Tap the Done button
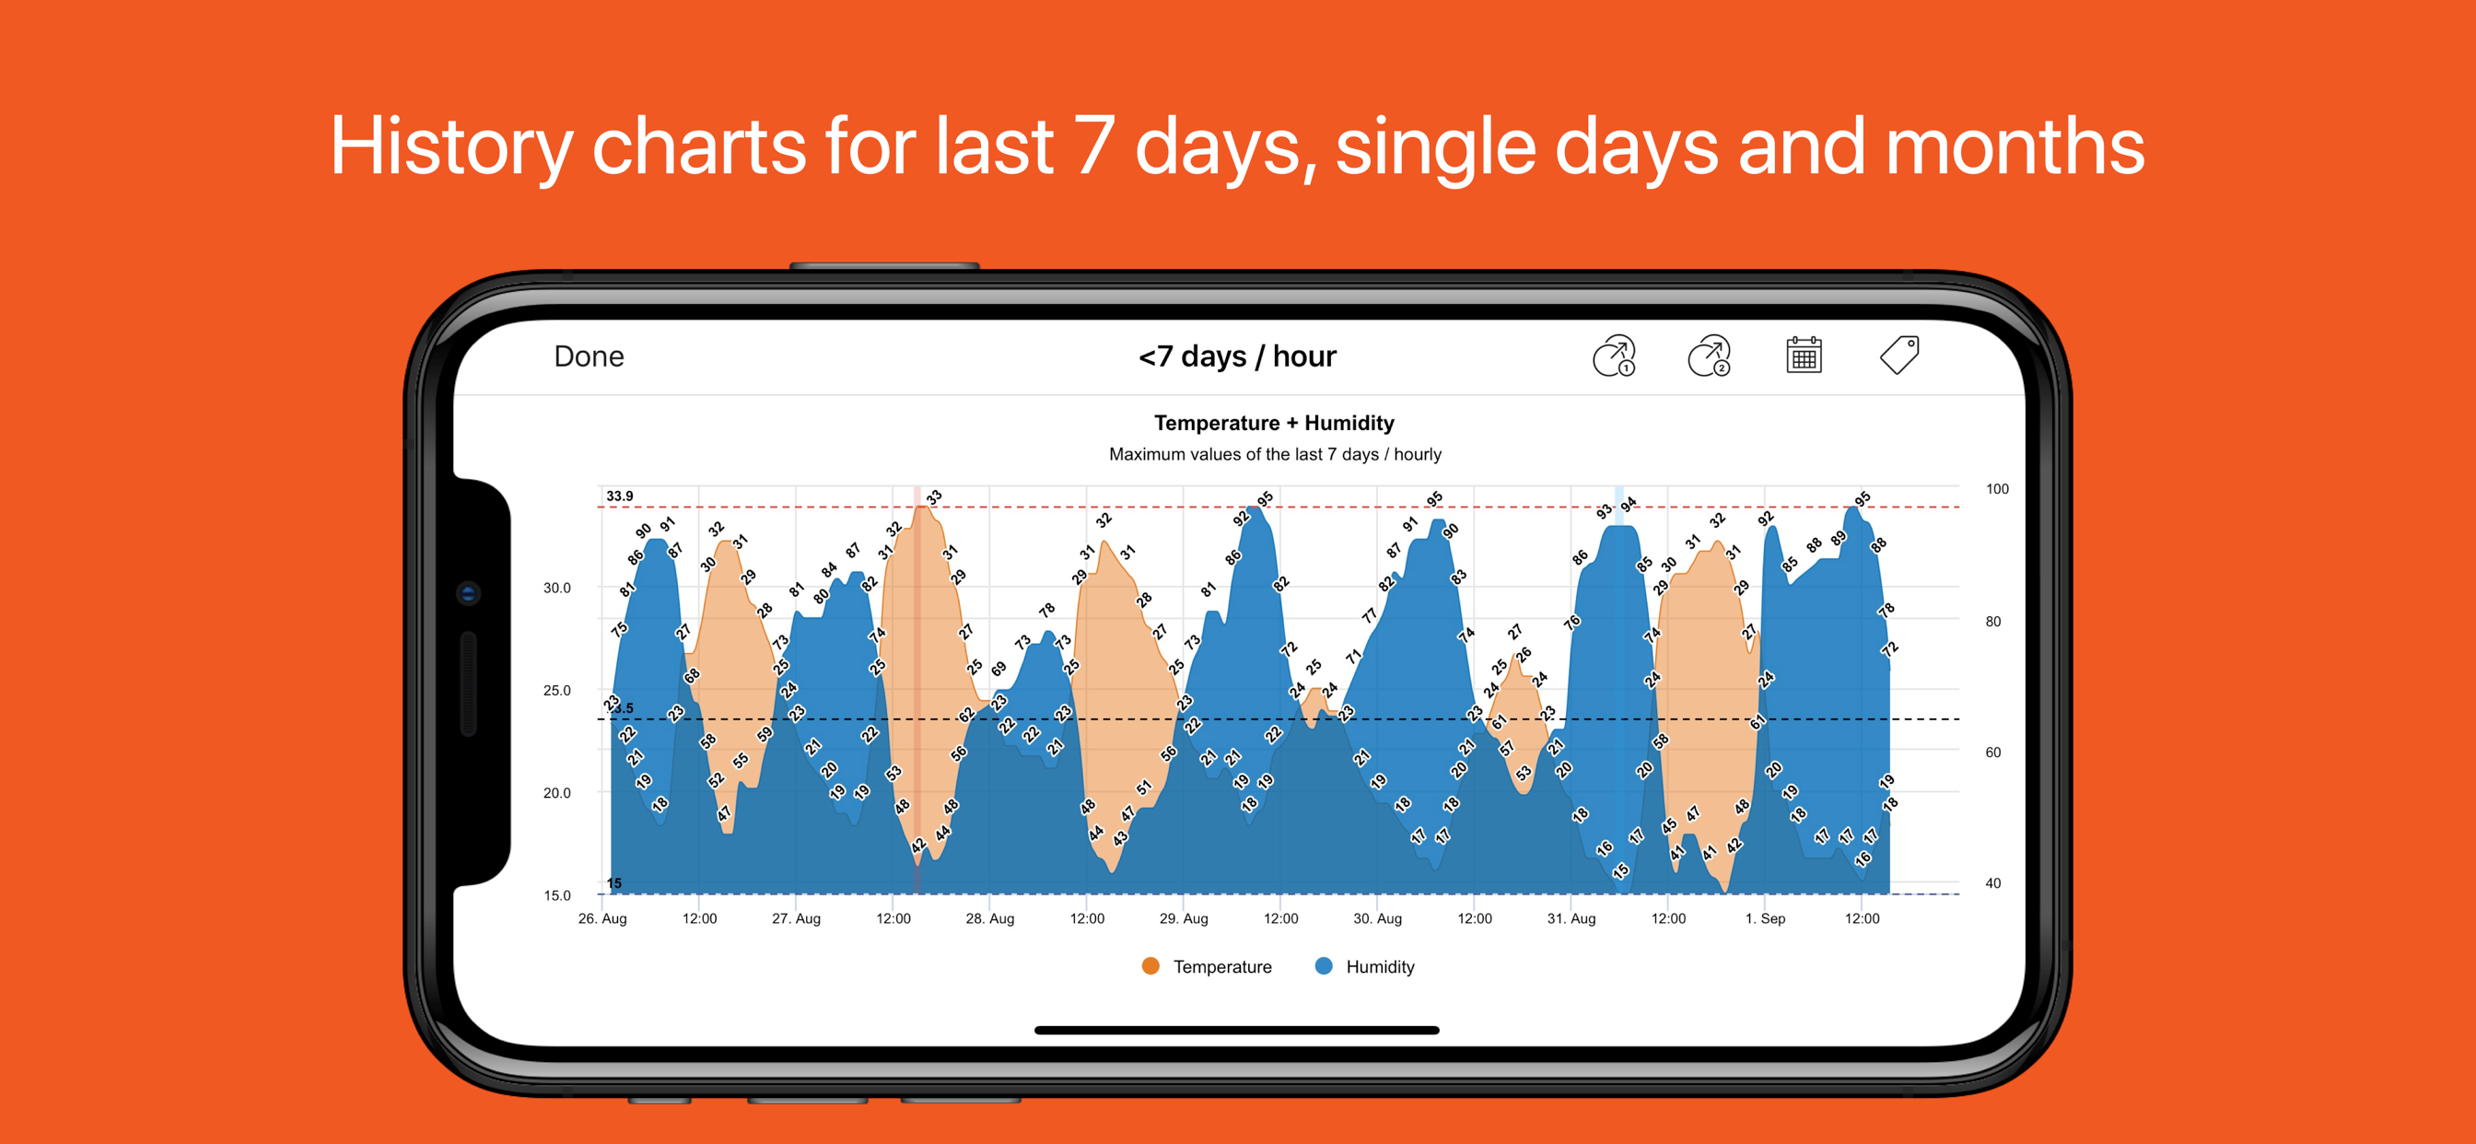tap(589, 356)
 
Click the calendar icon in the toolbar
tap(1804, 356)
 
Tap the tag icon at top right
tap(1899, 355)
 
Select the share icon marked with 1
tap(1614, 356)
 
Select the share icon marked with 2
tap(1709, 356)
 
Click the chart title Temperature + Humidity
tap(1274, 423)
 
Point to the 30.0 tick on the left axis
tap(556, 588)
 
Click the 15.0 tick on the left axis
tap(556, 895)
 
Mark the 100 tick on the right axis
tap(1996, 488)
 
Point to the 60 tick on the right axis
tap(1992, 753)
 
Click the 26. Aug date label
tap(601, 918)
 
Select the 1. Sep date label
tap(1765, 918)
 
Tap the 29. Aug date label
tap(1184, 918)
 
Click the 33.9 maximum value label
tap(619, 496)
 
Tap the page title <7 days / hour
tap(1237, 356)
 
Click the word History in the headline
tap(450, 146)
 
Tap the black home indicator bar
tap(1236, 1030)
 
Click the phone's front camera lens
tap(468, 593)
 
